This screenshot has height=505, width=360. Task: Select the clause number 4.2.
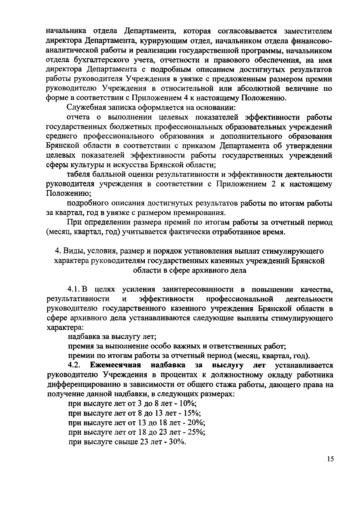[74, 365]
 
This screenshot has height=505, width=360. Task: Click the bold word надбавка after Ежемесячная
[168, 365]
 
